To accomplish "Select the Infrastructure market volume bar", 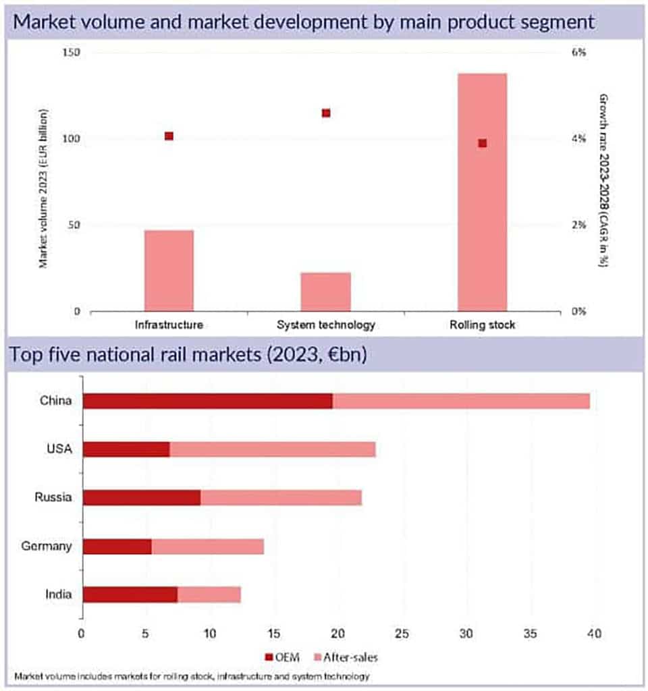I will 169,271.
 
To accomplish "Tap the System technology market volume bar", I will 325,292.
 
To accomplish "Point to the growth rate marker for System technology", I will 326,113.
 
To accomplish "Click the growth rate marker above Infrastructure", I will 169,136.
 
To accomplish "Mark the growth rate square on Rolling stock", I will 482,143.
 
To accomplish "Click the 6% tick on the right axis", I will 578,53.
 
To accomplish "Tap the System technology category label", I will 325,325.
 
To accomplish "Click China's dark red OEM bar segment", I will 207,401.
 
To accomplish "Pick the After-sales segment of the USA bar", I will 272,449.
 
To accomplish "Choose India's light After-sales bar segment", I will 209,595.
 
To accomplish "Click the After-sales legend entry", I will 344,656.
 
